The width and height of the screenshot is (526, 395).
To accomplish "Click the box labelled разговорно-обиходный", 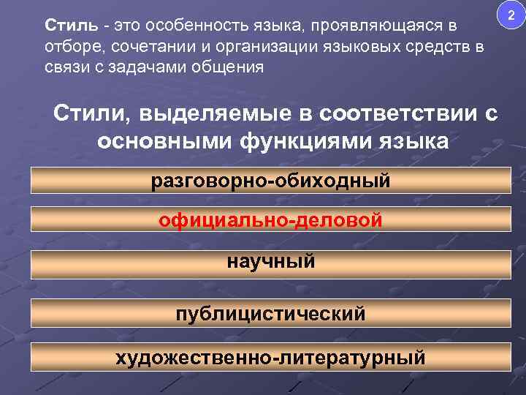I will (x=270, y=180).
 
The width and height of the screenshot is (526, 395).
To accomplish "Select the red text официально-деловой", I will (x=270, y=219).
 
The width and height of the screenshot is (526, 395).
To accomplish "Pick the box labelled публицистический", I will (x=270, y=315).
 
